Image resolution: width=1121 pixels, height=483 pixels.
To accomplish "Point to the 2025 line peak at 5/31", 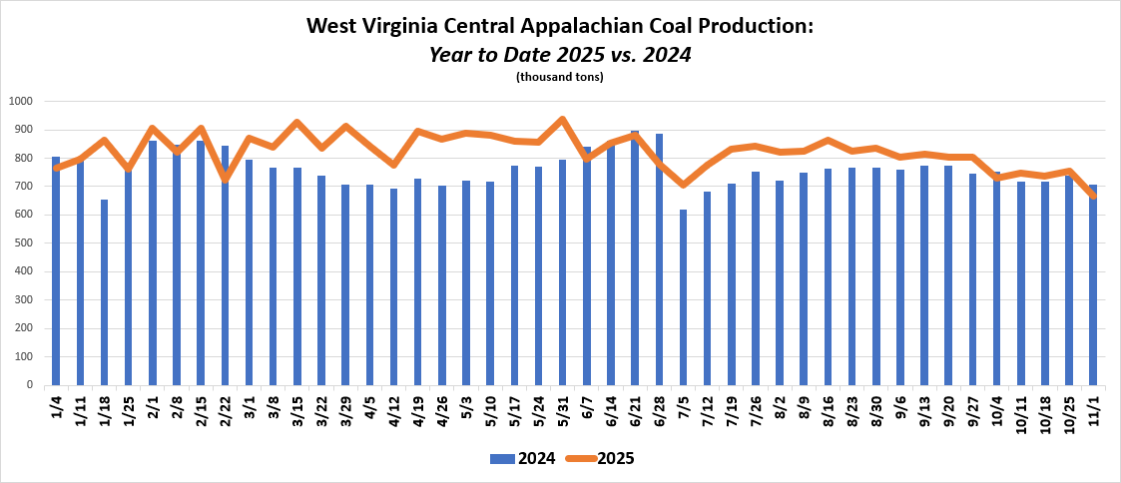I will pyautogui.click(x=562, y=120).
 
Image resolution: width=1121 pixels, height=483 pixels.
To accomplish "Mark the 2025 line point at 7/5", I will pyautogui.click(x=683, y=185).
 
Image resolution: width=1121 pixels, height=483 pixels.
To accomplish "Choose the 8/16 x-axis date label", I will pyautogui.click(x=828, y=410).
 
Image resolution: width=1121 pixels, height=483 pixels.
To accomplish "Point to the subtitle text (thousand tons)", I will pyautogui.click(x=560, y=77).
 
